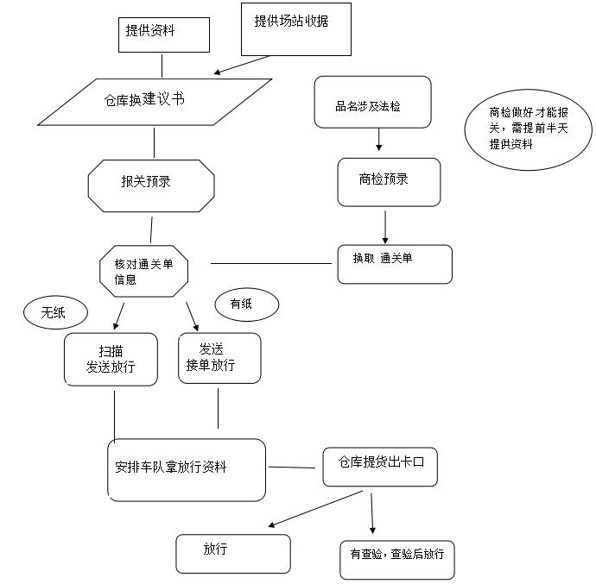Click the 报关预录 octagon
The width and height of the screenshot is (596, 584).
click(x=150, y=185)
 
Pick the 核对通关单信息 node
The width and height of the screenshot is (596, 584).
click(x=143, y=273)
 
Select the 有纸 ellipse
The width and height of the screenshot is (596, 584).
click(x=247, y=304)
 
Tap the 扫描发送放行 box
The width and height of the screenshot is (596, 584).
click(x=111, y=359)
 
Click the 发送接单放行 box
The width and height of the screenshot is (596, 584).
click(x=219, y=358)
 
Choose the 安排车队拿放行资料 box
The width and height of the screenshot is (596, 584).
click(x=186, y=469)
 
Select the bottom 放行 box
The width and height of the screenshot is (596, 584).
click(x=233, y=553)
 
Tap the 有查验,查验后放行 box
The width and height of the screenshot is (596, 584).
click(x=396, y=559)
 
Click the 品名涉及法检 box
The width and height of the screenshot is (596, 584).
click(x=372, y=102)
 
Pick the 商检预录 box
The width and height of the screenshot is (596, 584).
click(x=389, y=182)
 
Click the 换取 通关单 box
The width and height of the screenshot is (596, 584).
click(x=394, y=264)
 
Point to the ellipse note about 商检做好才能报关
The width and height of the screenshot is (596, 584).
click(x=528, y=131)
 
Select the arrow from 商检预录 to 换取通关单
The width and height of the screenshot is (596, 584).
click(x=385, y=225)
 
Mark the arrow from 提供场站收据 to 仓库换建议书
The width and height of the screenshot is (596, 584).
click(x=242, y=66)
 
